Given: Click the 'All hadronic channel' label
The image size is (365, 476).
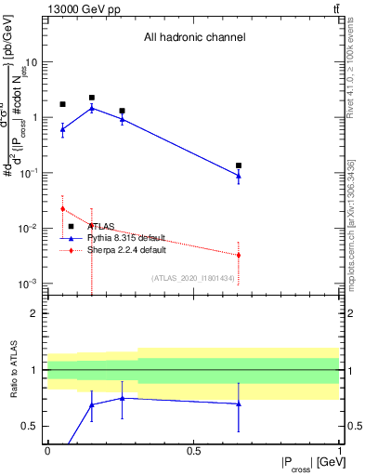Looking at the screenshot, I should (194, 38).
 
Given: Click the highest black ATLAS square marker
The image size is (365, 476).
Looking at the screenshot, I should (92, 98).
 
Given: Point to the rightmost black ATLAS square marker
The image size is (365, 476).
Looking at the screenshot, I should (239, 165).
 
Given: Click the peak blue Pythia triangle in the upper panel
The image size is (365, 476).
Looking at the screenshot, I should (92, 108).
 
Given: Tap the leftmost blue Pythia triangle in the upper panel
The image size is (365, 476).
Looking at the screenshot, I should (62, 129).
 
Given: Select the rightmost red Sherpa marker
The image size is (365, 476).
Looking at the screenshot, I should (239, 255).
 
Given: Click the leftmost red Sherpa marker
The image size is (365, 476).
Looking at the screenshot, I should (62, 208).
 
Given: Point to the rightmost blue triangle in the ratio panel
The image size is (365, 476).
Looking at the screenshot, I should (239, 403).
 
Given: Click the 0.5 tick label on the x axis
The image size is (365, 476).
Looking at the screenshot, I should (193, 450).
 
